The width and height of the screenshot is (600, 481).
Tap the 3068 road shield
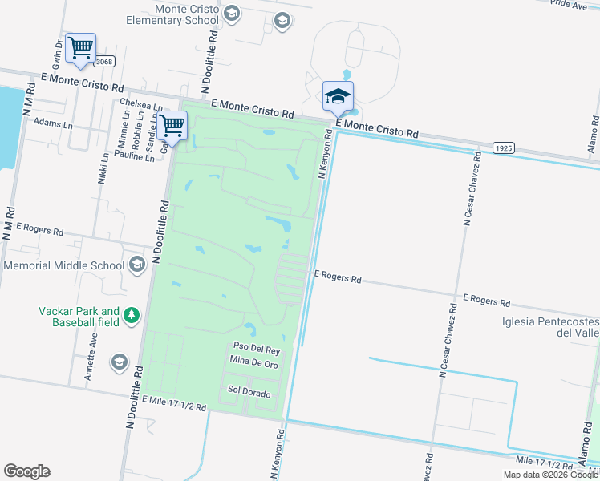(103, 62)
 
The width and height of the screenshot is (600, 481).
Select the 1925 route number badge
(504, 148)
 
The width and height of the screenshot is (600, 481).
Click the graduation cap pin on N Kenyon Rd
(338, 97)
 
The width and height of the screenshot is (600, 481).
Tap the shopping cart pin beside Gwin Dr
(80, 48)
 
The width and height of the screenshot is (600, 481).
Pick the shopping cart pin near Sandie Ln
(172, 125)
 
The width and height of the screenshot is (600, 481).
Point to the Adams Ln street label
(53, 126)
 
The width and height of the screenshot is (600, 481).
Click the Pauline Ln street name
(134, 158)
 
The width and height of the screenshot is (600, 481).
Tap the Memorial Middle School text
(63, 265)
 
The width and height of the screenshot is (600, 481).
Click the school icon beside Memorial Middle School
(136, 265)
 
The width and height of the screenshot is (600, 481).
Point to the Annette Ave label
(94, 350)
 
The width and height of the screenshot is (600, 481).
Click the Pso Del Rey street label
(256, 350)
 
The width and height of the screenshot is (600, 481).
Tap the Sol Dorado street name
(249, 394)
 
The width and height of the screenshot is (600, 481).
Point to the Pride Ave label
(570, 5)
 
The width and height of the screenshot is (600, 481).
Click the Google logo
(26, 471)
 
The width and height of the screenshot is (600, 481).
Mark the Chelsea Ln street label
(140, 103)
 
